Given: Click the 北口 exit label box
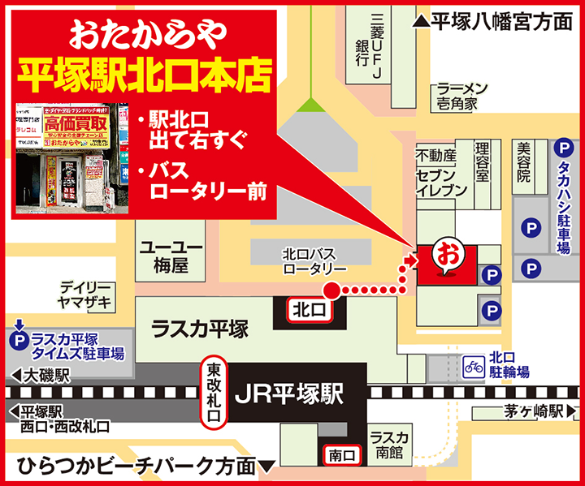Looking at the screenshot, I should tap(309, 308).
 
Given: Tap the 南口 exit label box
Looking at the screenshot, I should tap(340, 456).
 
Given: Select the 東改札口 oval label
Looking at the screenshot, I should tap(214, 393).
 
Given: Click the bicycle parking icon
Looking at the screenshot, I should tap(473, 366).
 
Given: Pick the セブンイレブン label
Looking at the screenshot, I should tap(441, 183).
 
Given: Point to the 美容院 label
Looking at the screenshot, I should tap(523, 162).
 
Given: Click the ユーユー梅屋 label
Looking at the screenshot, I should tap(171, 256).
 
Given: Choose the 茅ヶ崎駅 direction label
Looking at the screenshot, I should tap(531, 411).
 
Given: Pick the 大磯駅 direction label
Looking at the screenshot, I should tap(41, 376).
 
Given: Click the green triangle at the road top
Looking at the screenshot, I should tap(308, 103).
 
